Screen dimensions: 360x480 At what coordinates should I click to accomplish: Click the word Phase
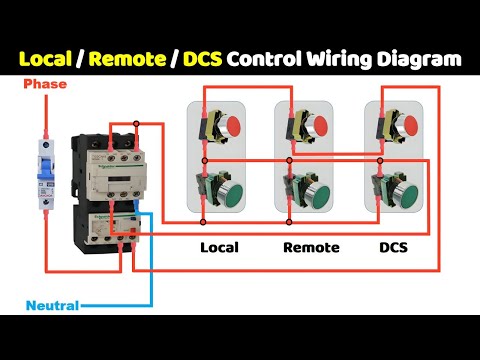click(x=46, y=85)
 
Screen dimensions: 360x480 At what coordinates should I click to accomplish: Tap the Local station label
click(x=220, y=247)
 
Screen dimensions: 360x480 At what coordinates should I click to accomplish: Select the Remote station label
click(x=311, y=247)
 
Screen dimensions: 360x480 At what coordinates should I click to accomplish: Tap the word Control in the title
click(x=263, y=59)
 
